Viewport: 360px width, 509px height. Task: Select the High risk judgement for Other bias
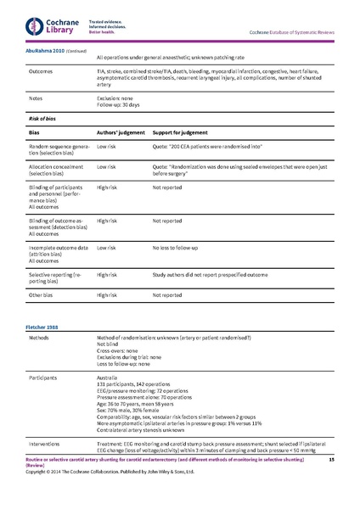tap(107, 295)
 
